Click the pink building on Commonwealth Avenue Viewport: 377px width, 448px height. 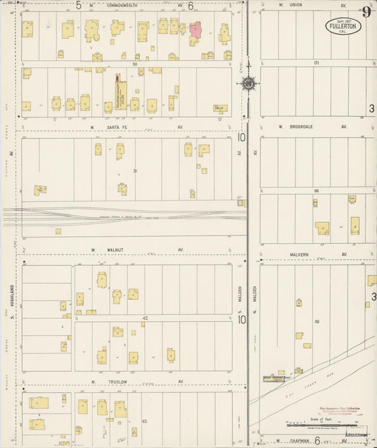195,30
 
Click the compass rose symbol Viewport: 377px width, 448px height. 249,85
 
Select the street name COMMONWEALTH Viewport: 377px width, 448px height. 122,5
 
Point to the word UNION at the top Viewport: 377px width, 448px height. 293,6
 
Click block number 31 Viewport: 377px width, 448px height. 134,170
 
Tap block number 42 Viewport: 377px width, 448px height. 145,318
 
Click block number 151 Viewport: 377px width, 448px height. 318,322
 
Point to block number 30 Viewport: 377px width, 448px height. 134,64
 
